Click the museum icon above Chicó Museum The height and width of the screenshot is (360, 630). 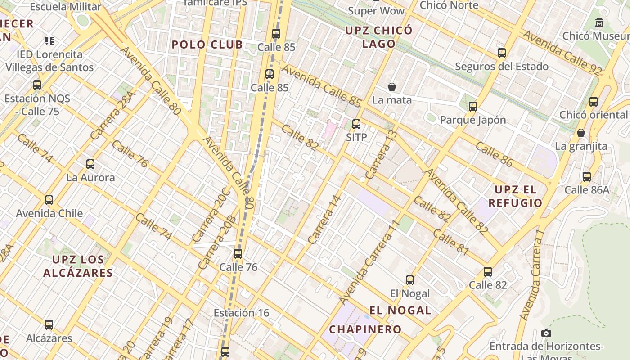click(599, 22)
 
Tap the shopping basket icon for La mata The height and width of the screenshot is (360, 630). click(392, 87)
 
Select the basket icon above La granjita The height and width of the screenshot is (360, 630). click(581, 133)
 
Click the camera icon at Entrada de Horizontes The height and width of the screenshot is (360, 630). click(546, 333)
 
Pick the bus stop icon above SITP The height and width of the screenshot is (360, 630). click(356, 124)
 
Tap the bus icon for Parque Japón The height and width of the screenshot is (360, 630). click(472, 107)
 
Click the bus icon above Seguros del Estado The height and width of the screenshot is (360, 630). click(502, 53)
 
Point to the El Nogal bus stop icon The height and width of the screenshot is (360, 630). click(409, 280)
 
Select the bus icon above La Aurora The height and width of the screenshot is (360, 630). click(90, 164)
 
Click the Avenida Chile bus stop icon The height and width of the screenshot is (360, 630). click(49, 200)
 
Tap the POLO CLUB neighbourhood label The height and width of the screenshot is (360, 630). click(207, 45)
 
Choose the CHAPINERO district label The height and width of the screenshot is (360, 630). click(365, 329)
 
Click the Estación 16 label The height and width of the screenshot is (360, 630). click(241, 313)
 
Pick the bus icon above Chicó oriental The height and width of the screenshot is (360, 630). click(594, 102)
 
